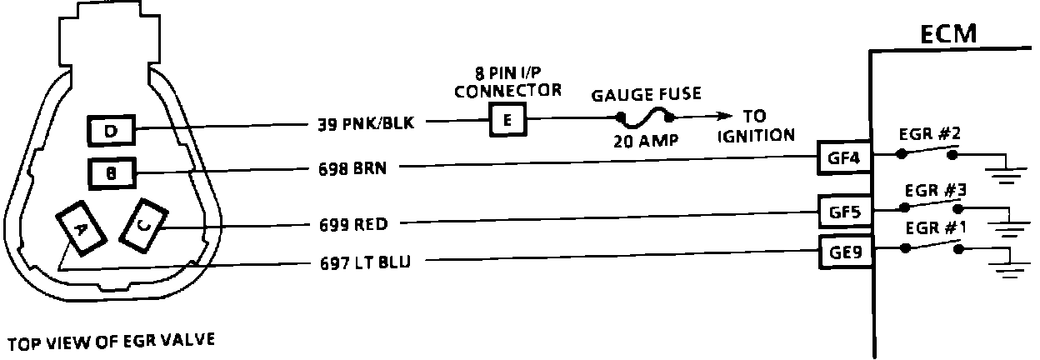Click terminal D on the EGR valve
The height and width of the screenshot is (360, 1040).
111,130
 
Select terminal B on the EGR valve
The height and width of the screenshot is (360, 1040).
111,173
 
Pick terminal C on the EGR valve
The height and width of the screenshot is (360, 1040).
143,224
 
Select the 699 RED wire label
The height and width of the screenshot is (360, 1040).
354,223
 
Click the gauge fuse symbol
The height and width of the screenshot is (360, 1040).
644,116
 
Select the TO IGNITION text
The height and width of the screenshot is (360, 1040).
755,126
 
